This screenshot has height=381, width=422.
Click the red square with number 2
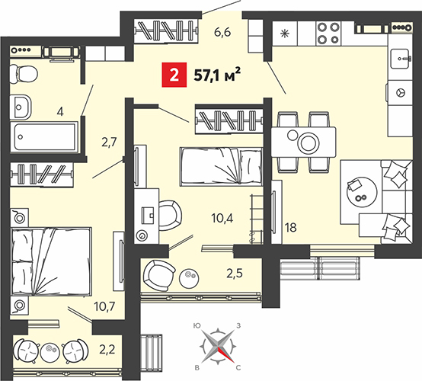[174, 75]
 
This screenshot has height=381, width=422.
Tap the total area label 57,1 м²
[217, 75]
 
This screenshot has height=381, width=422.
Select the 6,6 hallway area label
[222, 33]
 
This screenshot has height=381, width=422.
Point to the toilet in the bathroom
[23, 74]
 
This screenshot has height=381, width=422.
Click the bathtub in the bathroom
[45, 137]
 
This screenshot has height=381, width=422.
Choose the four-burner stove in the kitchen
[328, 33]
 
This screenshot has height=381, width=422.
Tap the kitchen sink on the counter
[401, 59]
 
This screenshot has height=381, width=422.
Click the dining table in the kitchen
[303, 142]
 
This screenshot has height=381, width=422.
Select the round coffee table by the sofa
[362, 192]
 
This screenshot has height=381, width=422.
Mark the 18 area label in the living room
[291, 228]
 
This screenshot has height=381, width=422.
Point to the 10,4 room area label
[222, 218]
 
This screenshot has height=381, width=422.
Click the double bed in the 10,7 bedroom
[51, 261]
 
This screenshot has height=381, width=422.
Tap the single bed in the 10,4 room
[221, 166]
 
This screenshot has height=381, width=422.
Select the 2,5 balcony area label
[235, 273]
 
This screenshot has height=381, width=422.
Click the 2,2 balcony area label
[107, 350]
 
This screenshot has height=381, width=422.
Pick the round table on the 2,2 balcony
[50, 351]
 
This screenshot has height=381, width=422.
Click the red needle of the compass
[225, 354]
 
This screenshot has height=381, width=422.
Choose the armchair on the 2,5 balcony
[159, 276]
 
